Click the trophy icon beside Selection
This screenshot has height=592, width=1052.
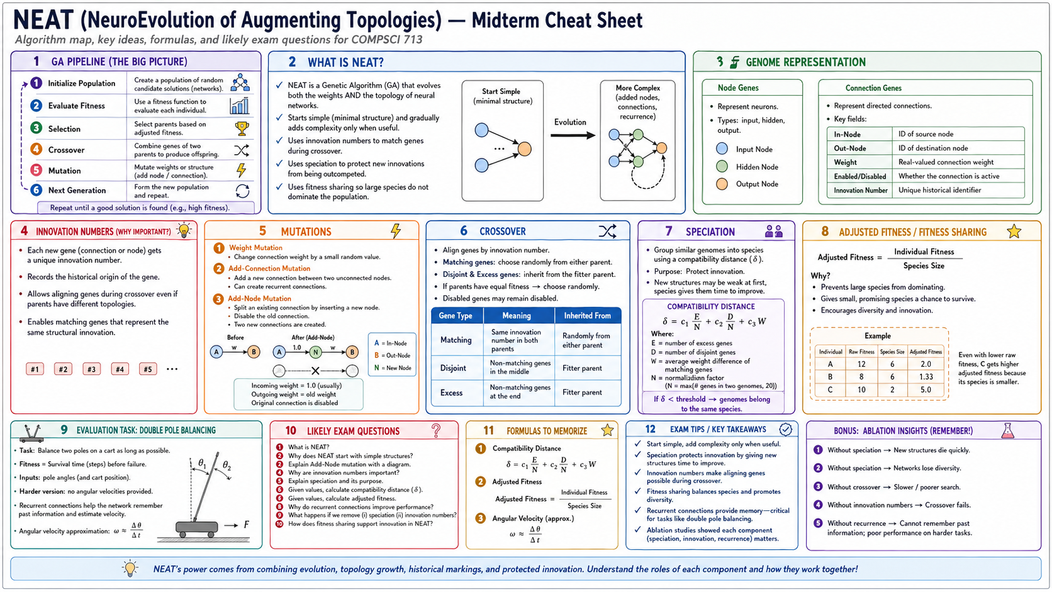tap(242, 128)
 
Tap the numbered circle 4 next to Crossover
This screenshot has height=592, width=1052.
tap(36, 149)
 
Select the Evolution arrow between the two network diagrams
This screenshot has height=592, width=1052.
tap(573, 135)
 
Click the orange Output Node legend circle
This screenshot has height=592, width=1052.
tap(722, 184)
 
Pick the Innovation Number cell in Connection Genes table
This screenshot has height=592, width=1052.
tap(860, 190)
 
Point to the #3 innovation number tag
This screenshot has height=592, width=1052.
tap(91, 369)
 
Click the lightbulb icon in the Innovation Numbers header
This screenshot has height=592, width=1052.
tap(184, 230)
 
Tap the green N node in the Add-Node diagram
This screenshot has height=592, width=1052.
tap(316, 352)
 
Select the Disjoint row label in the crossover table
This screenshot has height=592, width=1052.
tap(453, 368)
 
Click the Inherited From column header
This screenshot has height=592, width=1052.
tap(586, 315)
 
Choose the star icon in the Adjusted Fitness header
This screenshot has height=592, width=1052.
tap(1014, 232)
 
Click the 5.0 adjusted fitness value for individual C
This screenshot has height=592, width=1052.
tap(926, 389)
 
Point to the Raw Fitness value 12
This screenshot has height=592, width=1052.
tap(861, 364)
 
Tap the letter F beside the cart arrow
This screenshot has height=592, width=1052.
tap(247, 525)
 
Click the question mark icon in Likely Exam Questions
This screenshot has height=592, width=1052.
tap(436, 430)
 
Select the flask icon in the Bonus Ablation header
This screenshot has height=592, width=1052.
tap(1007, 430)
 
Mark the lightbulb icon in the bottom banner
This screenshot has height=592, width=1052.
tap(130, 569)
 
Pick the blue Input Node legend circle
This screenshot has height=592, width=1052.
tap(722, 149)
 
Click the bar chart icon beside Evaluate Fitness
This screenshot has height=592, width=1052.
tap(240, 106)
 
